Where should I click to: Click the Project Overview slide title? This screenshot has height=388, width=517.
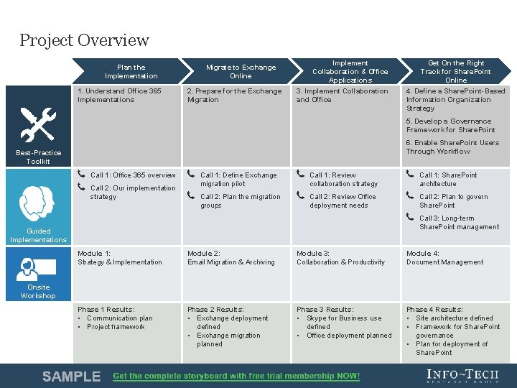point(84,40)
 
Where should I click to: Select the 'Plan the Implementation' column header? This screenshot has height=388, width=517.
point(131,72)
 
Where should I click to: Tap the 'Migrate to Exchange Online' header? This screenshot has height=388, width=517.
point(241,72)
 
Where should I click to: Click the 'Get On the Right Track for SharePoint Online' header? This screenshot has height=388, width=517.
point(455,72)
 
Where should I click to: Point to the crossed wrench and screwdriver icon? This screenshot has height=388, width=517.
point(38,124)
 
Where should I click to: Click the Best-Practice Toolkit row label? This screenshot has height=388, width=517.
point(38,157)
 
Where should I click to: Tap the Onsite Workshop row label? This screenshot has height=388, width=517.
point(38,291)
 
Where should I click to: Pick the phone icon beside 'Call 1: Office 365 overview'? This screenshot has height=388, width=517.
point(81,175)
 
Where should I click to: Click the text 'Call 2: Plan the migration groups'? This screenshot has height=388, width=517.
point(241,200)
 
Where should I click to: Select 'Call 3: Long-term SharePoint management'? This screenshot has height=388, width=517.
point(459,223)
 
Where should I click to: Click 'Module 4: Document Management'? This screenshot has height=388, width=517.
point(444,258)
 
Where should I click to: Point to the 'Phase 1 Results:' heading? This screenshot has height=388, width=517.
point(106,310)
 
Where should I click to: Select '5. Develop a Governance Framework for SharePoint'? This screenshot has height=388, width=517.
point(450,126)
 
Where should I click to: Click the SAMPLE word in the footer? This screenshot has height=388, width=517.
point(71,376)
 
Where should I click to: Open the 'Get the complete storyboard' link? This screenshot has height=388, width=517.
point(236,376)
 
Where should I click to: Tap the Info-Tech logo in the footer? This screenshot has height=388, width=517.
point(462,375)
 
